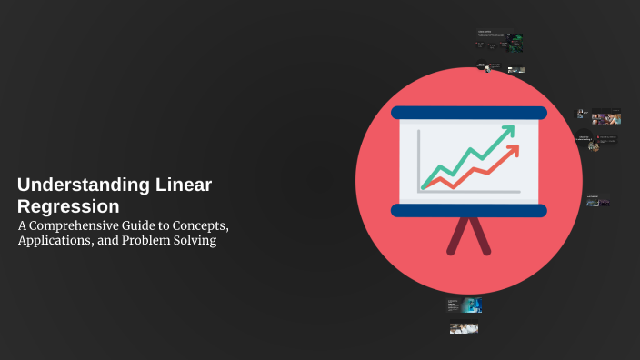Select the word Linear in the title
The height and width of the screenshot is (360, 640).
[179, 185]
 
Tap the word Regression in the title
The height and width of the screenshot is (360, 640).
[68, 206]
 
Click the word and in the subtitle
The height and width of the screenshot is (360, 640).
[112, 241]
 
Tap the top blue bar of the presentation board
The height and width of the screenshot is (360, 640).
[469, 114]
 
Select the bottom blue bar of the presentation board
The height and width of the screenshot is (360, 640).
[469, 211]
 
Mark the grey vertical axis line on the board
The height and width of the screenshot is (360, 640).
[419, 160]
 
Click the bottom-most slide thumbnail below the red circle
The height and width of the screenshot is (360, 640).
[464, 328]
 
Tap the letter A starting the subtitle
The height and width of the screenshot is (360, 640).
[23, 225]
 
